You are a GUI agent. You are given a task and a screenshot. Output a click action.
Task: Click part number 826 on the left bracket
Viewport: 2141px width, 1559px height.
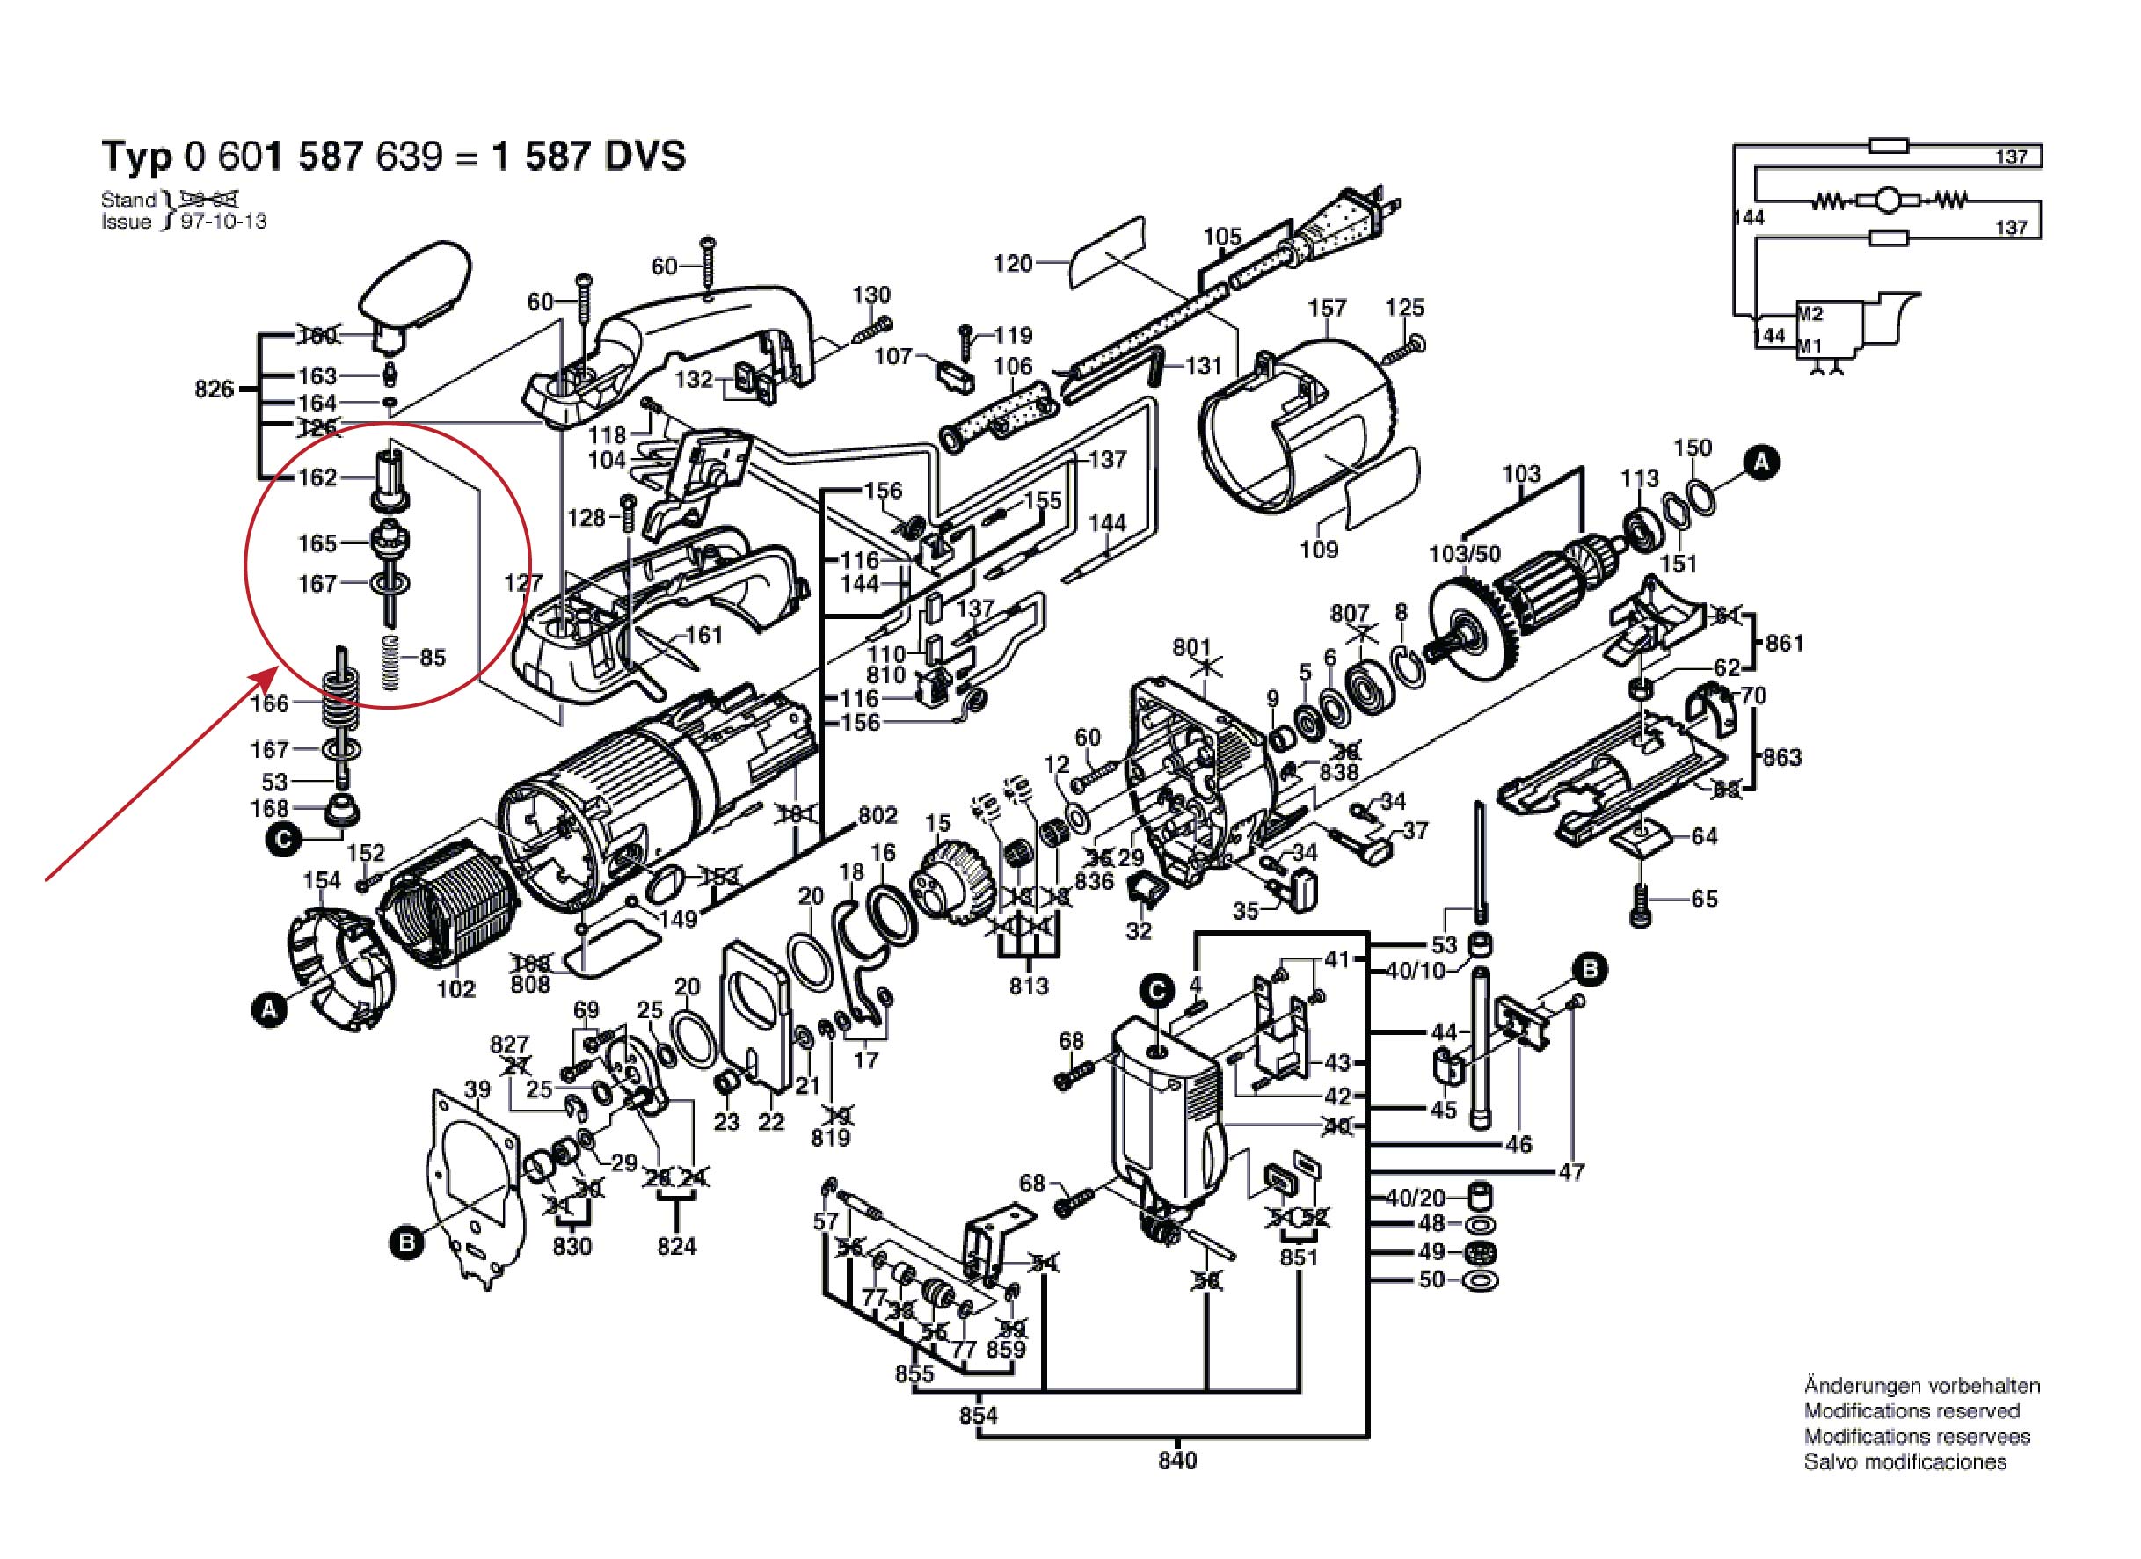click(215, 389)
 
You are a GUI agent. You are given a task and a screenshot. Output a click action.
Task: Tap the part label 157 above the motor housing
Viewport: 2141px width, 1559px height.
click(1326, 309)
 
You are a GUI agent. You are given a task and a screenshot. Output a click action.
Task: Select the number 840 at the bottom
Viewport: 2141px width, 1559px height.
click(1177, 1461)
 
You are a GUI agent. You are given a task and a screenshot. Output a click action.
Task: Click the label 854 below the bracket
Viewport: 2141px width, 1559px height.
click(979, 1416)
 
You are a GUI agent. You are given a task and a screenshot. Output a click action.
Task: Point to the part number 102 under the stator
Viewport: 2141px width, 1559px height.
click(456, 988)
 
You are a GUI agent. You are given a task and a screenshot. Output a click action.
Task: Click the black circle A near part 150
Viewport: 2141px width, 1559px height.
click(1760, 463)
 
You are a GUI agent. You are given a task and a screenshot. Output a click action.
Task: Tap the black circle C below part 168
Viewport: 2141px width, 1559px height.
click(283, 839)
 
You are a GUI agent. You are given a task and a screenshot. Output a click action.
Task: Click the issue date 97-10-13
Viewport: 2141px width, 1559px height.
click(223, 222)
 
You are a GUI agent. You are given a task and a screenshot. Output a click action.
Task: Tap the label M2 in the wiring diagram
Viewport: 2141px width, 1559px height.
click(1810, 315)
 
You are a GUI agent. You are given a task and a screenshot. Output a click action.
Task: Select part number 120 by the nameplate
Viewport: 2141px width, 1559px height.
click(1013, 264)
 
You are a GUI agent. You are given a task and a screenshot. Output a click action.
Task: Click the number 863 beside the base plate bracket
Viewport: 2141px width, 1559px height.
click(1781, 757)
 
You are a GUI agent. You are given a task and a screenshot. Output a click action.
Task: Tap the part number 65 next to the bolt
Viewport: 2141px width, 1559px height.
click(1705, 899)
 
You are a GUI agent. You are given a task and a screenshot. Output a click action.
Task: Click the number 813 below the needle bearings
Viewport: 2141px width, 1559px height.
click(1028, 986)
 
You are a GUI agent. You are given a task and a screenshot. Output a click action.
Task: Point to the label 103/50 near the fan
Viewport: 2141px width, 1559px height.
click(1464, 554)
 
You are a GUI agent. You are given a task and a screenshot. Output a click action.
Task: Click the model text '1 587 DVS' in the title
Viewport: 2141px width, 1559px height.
click(590, 156)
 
